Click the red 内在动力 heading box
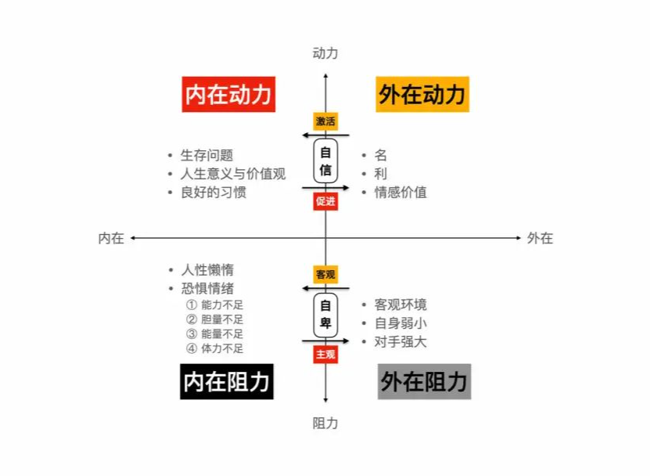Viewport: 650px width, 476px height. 228,95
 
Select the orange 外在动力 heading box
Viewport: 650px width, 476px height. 422,95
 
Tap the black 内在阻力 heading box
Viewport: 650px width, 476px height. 227,381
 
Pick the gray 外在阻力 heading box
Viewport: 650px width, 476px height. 424,381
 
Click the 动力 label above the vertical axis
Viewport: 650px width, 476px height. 325,53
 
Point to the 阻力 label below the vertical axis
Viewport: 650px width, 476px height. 325,423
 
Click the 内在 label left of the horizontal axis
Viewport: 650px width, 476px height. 111,238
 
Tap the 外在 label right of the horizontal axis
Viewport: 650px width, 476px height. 540,238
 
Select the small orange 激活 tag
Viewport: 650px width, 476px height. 326,121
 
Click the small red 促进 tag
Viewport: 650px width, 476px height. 326,201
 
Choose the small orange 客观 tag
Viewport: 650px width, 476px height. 326,275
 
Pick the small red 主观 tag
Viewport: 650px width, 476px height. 326,355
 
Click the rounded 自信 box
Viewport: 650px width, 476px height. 326,161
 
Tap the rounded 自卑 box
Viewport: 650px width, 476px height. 326,315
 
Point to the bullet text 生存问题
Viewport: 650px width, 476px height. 206,155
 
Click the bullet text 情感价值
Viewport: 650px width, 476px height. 400,192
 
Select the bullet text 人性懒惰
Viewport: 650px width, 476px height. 206,269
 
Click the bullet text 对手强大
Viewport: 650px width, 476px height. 400,341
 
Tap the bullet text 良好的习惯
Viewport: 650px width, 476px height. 214,192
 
